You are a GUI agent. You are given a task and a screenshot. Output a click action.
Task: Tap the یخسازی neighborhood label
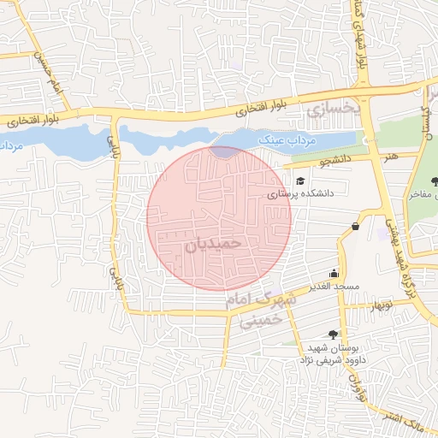pyautogui.click(x=327, y=110)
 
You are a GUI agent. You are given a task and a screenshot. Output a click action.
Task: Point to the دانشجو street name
pyautogui.click(x=313, y=161)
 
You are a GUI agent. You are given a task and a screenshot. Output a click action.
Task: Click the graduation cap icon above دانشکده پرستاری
pyautogui.click(x=301, y=181)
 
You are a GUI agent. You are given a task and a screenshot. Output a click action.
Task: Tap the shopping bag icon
pyautogui.click(x=354, y=226)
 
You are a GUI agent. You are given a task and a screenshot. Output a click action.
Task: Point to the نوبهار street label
pyautogui.click(x=379, y=304)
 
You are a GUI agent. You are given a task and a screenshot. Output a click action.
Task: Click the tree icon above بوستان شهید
pyautogui.click(x=333, y=334)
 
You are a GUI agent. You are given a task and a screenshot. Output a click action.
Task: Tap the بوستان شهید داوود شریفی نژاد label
pyautogui.click(x=328, y=355)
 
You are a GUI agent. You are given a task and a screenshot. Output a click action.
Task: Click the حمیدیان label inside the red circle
pyautogui.click(x=214, y=244)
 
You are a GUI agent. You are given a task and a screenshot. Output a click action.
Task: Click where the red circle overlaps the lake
pyautogui.click(x=225, y=152)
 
